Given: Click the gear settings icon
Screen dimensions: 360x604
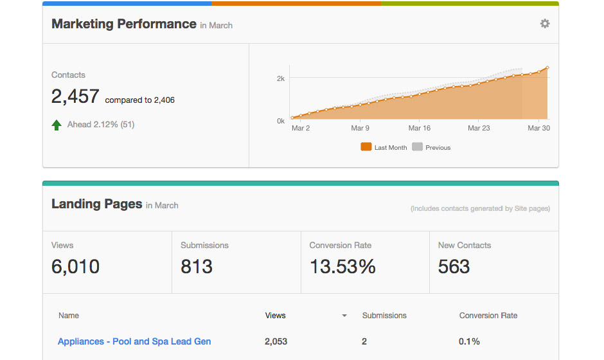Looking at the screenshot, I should (545, 24).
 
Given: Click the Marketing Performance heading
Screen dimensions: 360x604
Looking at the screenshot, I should (124, 24).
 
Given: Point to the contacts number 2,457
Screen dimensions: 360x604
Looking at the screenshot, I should (75, 97).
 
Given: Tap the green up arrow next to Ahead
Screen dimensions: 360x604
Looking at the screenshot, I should (57, 125).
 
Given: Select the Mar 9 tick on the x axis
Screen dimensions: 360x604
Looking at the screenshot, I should (360, 128).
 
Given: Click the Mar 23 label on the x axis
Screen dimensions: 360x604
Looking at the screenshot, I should (478, 128).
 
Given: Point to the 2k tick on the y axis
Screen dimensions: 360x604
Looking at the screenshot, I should (281, 78).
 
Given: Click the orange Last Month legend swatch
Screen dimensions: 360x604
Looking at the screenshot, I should (366, 147).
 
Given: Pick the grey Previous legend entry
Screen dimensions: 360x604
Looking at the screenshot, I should (431, 147).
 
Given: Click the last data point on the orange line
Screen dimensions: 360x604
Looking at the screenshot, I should (547, 67).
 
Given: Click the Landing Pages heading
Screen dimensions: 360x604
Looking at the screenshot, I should (96, 204).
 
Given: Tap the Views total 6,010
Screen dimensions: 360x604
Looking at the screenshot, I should (75, 267).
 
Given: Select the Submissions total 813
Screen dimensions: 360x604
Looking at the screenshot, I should (196, 267).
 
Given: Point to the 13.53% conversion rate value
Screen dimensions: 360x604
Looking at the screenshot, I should (342, 267).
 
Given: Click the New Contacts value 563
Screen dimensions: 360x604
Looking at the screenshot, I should (454, 267).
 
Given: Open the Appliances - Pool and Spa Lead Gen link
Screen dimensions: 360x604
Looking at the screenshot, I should (134, 341).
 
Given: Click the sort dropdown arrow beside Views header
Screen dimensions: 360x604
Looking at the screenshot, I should (344, 316).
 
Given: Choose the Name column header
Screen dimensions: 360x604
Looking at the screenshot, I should (69, 316).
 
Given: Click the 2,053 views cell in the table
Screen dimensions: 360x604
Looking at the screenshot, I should (276, 341).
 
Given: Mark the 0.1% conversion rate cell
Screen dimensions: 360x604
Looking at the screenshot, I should (469, 341).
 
